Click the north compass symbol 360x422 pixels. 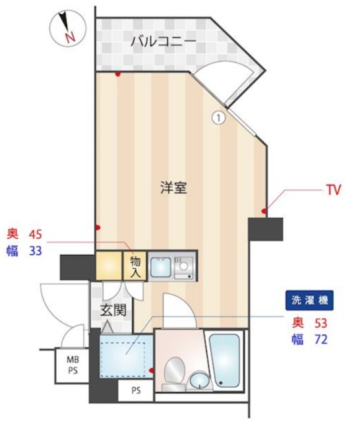pyautogui.click(x=66, y=29)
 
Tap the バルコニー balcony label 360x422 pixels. pyautogui.click(x=162, y=41)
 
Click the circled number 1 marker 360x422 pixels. pyautogui.click(x=218, y=117)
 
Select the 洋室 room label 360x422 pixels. pyautogui.click(x=173, y=187)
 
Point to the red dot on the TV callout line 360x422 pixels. pyautogui.click(x=264, y=211)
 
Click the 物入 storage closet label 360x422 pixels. pyautogui.click(x=135, y=265)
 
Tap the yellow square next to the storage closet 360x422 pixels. pyautogui.click(x=109, y=266)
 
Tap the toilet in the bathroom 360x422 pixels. pyautogui.click(x=175, y=370)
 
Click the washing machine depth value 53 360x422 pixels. pyautogui.click(x=319, y=323)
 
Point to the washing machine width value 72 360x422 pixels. pyautogui.click(x=319, y=340)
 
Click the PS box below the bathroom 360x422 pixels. pyautogui.click(x=135, y=391)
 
